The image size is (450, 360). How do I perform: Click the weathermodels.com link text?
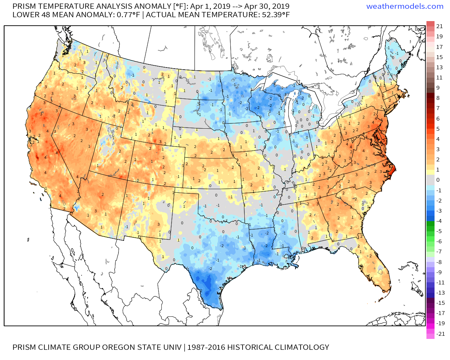405,6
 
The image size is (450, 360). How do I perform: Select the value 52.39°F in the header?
276,15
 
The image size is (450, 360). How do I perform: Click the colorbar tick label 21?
439,26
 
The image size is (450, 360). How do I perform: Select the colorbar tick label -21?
440,334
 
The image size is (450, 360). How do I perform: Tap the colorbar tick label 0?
438,180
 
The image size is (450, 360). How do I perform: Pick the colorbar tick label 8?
438,98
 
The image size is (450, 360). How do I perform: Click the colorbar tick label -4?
439,221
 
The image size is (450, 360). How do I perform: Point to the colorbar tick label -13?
440,292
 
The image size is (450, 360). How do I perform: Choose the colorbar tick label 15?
439,57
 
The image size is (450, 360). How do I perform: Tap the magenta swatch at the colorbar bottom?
430,334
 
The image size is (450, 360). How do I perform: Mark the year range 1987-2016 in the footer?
206,347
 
